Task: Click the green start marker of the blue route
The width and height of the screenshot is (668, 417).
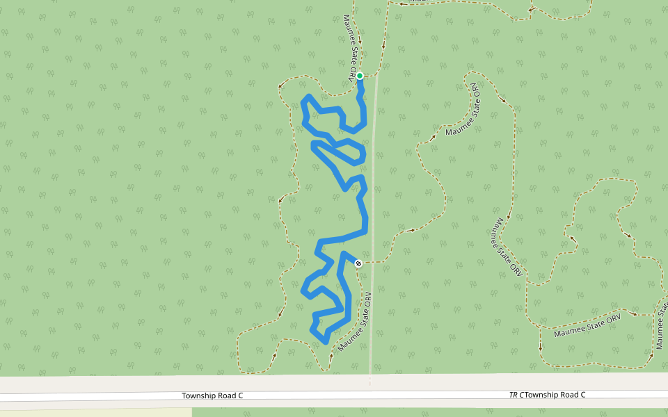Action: (x=360, y=76)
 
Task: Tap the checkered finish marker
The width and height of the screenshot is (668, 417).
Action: (x=358, y=263)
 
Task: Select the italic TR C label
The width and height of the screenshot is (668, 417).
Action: (x=516, y=395)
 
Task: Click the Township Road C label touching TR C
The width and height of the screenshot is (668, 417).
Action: (x=555, y=395)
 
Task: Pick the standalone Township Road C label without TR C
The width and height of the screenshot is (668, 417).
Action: (x=212, y=395)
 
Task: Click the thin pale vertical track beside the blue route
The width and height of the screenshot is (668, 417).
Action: (x=372, y=208)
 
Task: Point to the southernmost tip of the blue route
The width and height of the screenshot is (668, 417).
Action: (x=326, y=341)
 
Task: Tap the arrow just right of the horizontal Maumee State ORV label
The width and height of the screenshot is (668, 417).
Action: (x=633, y=313)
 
